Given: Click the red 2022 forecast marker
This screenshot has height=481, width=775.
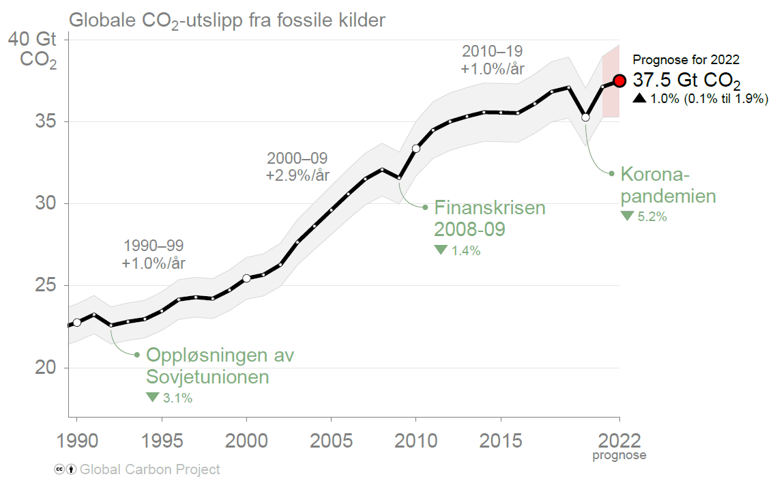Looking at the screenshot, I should pos(619,81).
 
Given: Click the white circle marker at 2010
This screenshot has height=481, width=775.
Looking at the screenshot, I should pos(415,149).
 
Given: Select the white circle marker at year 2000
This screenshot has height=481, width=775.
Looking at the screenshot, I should pos(246,278).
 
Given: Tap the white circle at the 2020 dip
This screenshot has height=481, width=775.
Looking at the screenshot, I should pos(585,117).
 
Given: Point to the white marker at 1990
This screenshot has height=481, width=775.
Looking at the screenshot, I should pos(76,322).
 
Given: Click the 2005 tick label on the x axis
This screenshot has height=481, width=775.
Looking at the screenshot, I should pos(331,441).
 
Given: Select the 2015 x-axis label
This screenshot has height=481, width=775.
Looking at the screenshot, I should pos(500,441).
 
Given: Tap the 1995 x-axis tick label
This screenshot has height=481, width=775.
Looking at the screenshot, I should pos(161,441).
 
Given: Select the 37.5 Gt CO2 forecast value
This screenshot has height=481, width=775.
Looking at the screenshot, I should pos(686,81).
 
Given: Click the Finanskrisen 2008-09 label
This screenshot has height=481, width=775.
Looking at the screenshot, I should pos(490,218).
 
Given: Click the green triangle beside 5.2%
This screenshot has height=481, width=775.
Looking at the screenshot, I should pos(627,216).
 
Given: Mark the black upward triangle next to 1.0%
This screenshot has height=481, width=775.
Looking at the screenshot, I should pos(639,98).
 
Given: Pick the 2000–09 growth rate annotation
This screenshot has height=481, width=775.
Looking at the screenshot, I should pos(297,167).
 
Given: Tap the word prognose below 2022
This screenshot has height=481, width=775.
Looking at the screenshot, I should pos(619,455).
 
